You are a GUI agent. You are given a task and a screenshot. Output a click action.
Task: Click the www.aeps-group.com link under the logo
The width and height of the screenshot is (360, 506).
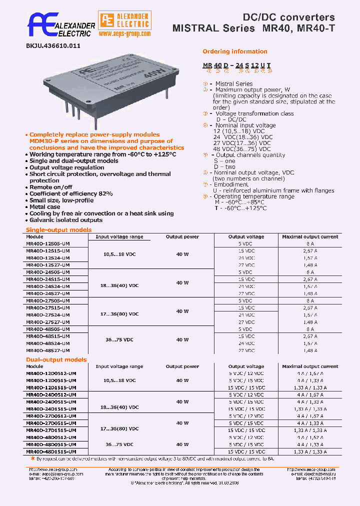[124, 33]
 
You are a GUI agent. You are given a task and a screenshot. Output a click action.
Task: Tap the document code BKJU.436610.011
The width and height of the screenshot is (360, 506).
[53, 45]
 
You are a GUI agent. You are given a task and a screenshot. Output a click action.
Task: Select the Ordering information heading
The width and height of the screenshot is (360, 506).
[234, 51]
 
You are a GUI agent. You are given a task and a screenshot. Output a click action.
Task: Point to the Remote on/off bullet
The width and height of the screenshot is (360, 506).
[50, 187]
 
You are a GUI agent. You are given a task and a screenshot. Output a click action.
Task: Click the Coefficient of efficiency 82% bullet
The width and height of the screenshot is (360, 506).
[71, 193]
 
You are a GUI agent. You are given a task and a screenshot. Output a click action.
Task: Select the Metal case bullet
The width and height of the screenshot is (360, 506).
[44, 206]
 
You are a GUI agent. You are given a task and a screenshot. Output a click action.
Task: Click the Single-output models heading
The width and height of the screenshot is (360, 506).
[58, 230]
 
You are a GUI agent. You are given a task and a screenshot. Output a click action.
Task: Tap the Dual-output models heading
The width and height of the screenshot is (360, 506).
[56, 359]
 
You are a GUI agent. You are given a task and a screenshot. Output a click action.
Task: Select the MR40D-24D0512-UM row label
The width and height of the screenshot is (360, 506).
[50, 394]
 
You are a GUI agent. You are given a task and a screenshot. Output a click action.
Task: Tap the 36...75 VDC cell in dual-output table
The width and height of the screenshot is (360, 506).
[119, 444]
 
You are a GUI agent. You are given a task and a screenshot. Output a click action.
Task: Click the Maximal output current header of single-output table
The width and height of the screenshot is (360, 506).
[310, 236]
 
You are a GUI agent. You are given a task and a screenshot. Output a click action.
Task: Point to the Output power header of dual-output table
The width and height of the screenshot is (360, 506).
[182, 366]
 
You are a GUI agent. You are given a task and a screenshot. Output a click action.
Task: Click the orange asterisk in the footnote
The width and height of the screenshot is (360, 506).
[33, 458]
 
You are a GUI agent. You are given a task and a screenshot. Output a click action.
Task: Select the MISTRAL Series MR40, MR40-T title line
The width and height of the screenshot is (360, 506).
[253, 28]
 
